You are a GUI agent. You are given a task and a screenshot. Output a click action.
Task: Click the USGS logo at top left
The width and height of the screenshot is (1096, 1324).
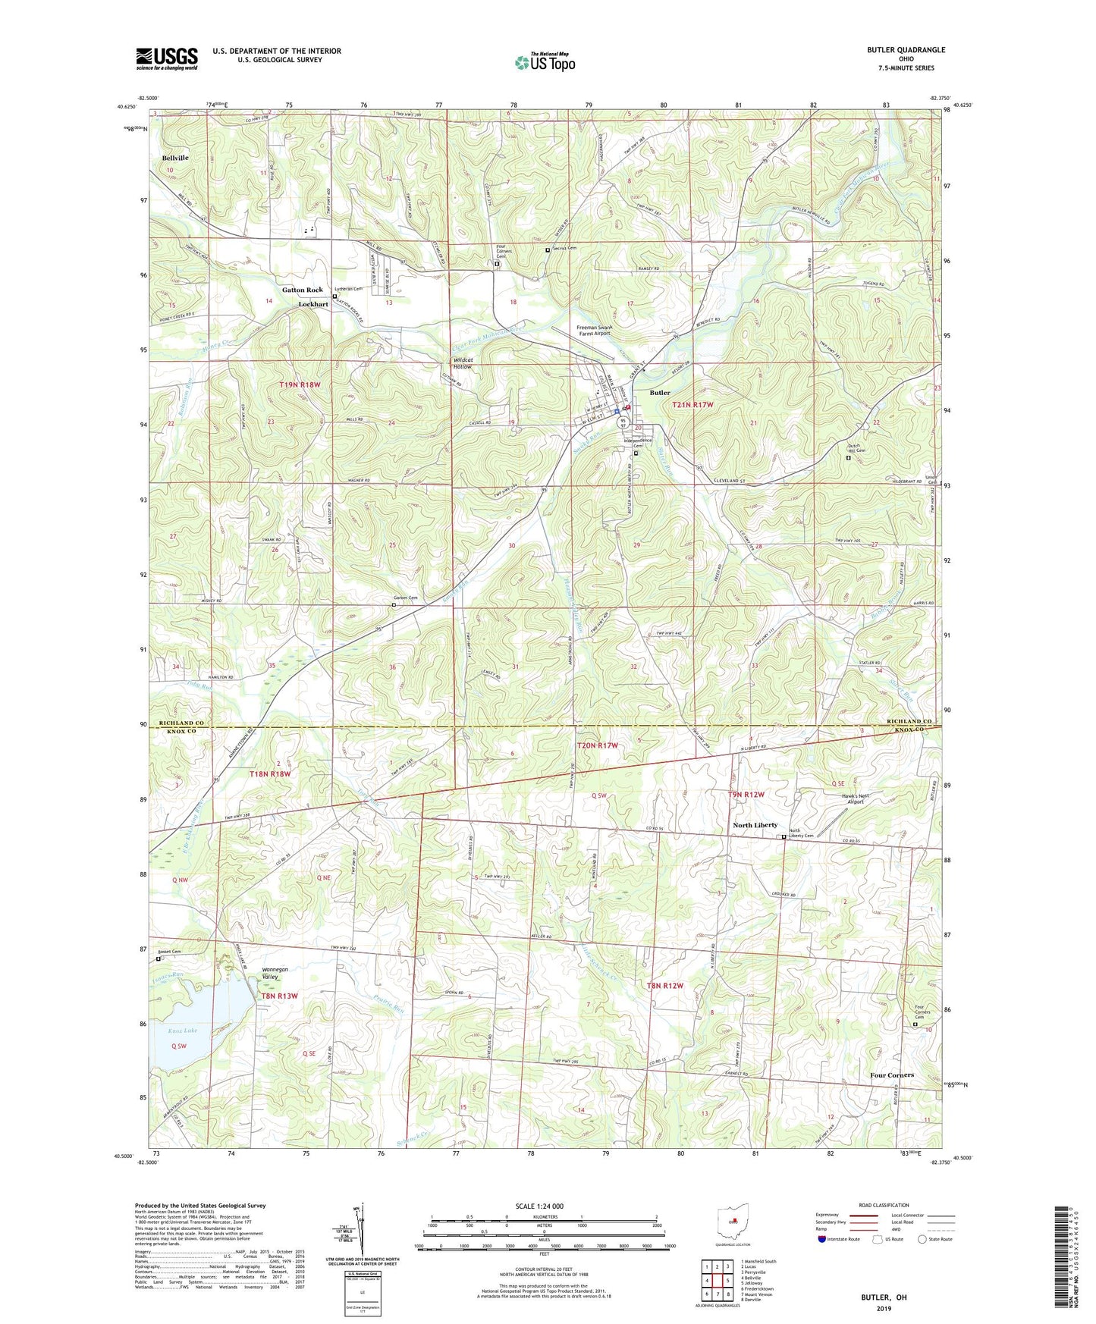tap(167, 58)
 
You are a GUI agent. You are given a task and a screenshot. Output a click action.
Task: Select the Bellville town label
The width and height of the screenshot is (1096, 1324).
tap(175, 158)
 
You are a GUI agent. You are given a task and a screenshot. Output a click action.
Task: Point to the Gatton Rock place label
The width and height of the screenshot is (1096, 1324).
tap(302, 290)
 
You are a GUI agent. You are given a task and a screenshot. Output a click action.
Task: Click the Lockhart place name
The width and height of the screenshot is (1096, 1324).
tap(313, 304)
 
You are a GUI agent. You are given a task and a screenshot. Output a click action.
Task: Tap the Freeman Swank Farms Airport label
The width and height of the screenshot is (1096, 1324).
tap(592, 330)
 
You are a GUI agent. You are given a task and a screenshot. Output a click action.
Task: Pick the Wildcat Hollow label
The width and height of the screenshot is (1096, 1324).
tap(462, 362)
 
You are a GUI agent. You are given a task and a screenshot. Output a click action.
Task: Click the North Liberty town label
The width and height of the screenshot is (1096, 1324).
tap(755, 825)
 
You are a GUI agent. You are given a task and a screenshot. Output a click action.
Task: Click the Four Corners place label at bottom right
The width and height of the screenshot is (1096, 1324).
tap(891, 1075)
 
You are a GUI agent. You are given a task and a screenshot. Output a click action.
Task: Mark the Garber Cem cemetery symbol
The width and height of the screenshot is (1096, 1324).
tap(394, 605)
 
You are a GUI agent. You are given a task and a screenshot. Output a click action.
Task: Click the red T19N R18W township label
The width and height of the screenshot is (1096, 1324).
tap(300, 385)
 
